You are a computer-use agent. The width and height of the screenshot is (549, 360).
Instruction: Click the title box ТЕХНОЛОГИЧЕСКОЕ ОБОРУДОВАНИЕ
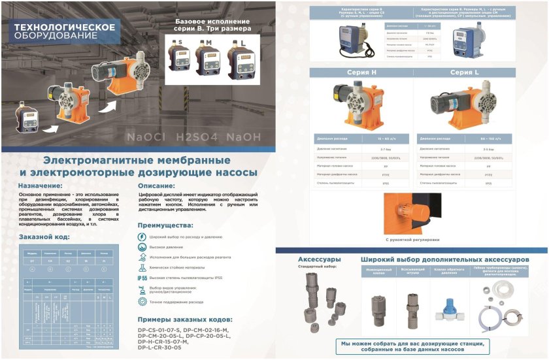[x=65, y=31]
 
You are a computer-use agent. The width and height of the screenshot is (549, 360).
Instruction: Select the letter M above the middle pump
[x=210, y=42]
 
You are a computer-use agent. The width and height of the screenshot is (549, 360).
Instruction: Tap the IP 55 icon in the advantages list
[x=142, y=278]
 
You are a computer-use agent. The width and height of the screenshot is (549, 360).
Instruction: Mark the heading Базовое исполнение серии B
[x=212, y=25]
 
